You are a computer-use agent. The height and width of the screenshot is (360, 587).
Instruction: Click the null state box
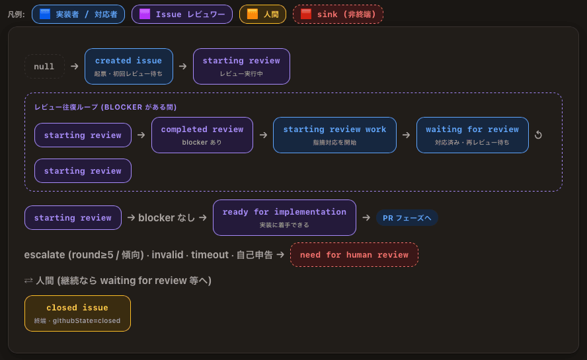(x=44, y=67)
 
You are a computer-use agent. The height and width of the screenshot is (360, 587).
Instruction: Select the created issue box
(x=129, y=66)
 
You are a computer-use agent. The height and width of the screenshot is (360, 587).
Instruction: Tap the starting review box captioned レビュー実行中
(x=241, y=66)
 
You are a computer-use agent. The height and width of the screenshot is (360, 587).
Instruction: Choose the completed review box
(x=202, y=135)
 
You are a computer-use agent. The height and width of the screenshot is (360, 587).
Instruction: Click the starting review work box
(x=334, y=135)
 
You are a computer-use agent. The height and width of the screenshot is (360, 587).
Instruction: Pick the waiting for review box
(x=473, y=135)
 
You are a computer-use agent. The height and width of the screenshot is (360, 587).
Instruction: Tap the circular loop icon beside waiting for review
(x=538, y=135)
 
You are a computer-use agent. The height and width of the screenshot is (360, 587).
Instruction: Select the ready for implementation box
(x=284, y=218)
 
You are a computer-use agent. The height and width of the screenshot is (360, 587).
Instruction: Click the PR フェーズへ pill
(x=407, y=218)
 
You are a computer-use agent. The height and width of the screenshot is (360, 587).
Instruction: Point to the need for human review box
(x=354, y=255)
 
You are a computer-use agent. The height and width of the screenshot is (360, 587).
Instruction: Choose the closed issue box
(x=77, y=314)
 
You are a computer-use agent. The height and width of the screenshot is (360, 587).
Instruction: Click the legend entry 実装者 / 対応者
(x=78, y=15)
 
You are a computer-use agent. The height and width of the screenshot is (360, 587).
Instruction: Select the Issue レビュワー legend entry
(x=182, y=15)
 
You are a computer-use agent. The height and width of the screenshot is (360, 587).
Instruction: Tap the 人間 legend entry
(x=263, y=15)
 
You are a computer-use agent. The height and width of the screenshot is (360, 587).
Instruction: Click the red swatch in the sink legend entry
(x=306, y=15)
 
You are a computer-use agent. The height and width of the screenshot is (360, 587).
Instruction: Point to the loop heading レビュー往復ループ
(x=67, y=108)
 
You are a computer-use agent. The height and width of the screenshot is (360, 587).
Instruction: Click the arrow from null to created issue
(x=75, y=66)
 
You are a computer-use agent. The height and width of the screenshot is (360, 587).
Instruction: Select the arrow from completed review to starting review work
(x=263, y=135)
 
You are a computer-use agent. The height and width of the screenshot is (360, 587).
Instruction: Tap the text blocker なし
(x=167, y=218)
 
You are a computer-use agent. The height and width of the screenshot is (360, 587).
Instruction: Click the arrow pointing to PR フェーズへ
(x=366, y=218)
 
